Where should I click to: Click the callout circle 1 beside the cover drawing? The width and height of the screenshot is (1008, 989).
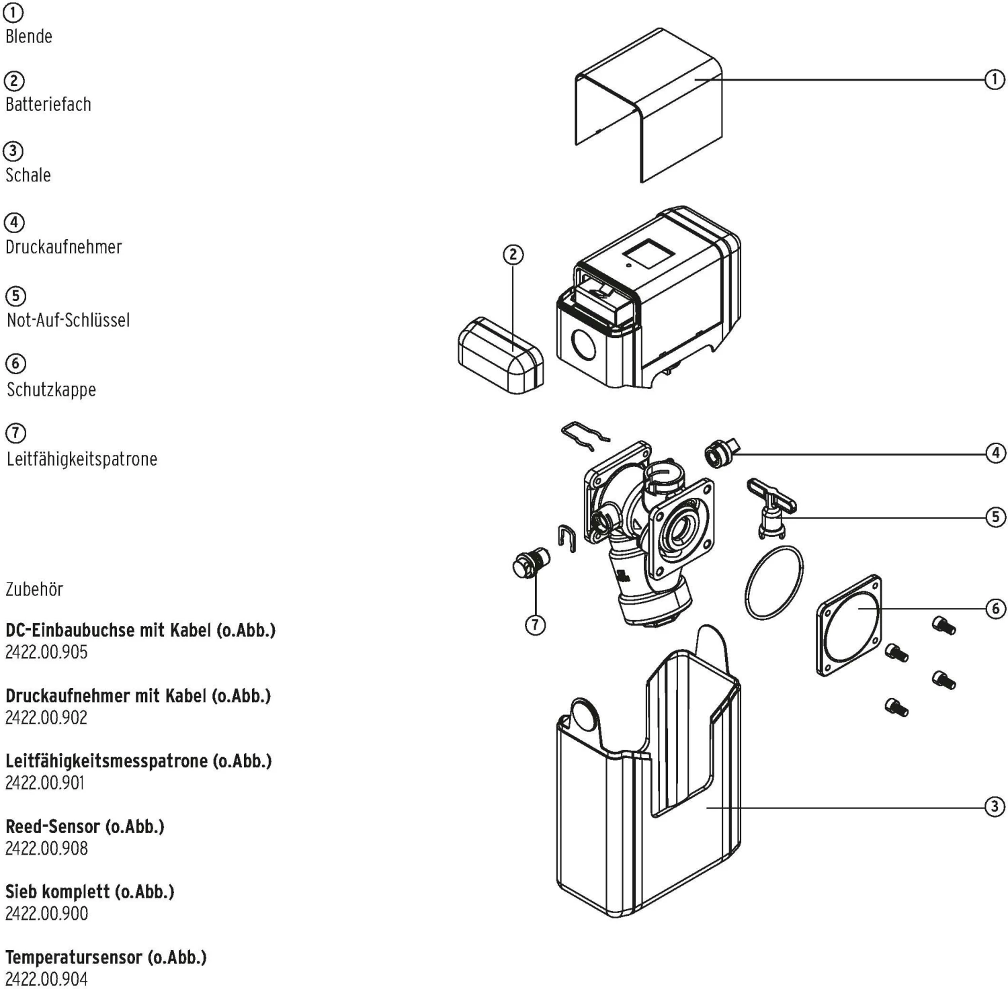(995, 79)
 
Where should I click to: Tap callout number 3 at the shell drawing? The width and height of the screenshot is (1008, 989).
(995, 806)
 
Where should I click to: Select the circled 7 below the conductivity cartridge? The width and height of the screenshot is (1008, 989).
(535, 625)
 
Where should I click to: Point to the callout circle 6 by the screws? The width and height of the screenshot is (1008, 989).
(995, 609)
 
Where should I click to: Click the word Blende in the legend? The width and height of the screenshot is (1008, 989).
(29, 36)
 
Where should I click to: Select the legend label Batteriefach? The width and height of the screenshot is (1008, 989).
(48, 104)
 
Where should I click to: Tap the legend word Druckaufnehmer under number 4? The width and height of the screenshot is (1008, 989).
(64, 247)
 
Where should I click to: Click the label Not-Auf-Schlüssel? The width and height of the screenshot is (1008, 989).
(69, 320)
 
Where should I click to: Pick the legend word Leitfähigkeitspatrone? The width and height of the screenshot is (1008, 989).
(82, 460)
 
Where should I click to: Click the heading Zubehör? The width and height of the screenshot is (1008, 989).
(34, 589)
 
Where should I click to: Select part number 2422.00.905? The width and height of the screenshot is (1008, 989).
(46, 652)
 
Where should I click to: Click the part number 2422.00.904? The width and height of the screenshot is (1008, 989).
(46, 979)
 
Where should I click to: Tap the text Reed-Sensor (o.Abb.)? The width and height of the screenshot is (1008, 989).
(85, 826)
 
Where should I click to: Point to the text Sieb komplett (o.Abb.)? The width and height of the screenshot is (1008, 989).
(89, 892)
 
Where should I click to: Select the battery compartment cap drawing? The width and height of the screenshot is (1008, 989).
(501, 355)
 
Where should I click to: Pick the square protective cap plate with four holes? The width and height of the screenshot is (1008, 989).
(849, 624)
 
